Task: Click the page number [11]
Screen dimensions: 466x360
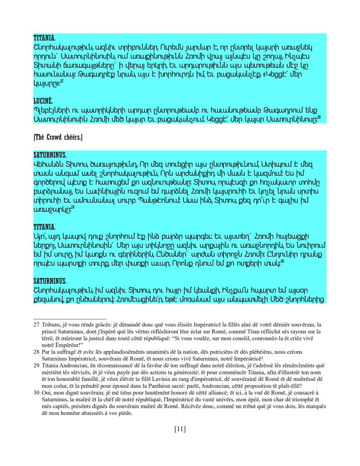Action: (180, 429)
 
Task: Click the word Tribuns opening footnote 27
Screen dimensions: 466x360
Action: (52, 324)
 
